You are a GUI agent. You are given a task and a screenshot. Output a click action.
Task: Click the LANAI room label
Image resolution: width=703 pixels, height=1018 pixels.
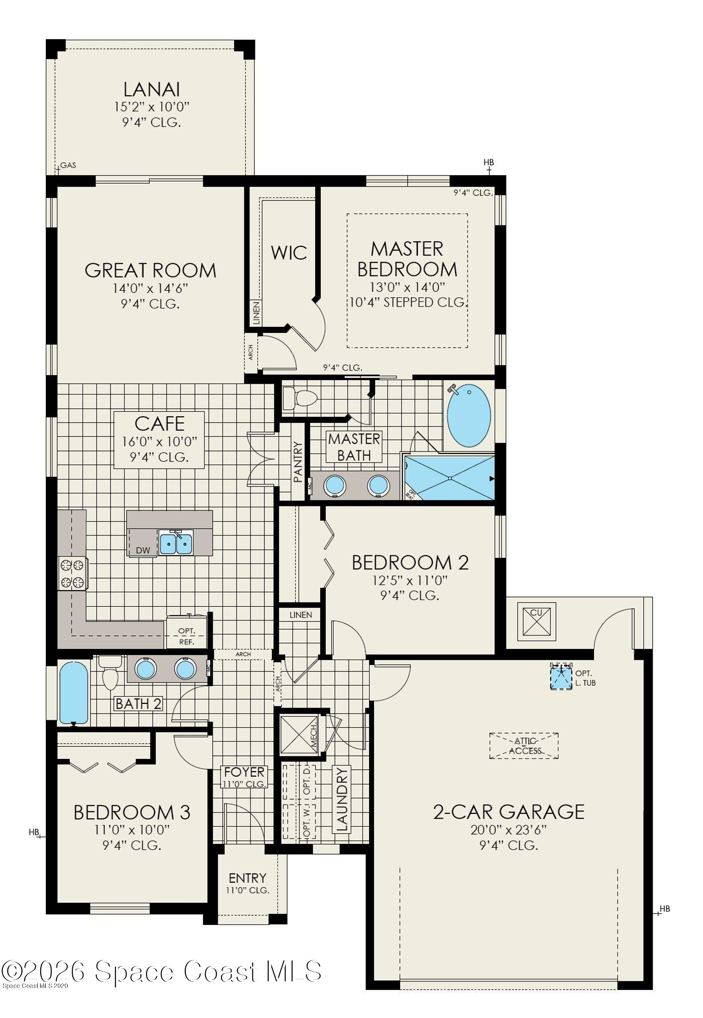[x=152, y=89]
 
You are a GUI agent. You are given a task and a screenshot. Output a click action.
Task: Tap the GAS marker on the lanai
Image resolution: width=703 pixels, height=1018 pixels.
[x=67, y=165]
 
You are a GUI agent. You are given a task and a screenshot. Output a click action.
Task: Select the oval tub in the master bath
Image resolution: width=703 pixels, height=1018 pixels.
[x=469, y=415]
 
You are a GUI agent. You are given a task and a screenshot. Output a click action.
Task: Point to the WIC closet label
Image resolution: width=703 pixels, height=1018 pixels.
[x=289, y=252]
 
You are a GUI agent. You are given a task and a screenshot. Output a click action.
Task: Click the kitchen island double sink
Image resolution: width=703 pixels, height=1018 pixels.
[x=176, y=543]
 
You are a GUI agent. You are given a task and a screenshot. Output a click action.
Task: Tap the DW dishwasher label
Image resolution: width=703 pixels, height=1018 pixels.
[x=144, y=550]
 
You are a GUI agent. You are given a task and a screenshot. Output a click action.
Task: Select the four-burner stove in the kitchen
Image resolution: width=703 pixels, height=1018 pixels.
[x=72, y=574]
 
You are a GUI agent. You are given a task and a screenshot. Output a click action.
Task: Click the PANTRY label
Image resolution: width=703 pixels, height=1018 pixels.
[x=298, y=462]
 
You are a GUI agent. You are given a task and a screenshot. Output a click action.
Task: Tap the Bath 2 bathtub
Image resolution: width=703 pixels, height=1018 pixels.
[x=74, y=692]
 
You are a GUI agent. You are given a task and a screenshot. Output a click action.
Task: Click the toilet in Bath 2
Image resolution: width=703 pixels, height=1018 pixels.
[x=110, y=673]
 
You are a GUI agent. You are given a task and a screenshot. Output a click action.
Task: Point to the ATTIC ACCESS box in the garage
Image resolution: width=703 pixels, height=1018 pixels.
[x=524, y=746]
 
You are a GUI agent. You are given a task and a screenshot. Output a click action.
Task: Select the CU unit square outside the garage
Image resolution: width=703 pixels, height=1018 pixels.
[x=537, y=621]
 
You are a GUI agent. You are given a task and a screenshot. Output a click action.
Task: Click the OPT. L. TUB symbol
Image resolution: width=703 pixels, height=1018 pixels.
[x=561, y=676]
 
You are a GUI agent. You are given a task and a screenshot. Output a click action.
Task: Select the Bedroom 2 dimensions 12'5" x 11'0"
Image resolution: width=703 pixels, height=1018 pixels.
[x=409, y=580]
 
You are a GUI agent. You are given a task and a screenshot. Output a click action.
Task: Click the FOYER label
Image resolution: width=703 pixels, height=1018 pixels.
[x=244, y=772]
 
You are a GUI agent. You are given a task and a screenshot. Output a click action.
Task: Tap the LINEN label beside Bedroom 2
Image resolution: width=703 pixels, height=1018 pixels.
[x=300, y=615]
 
